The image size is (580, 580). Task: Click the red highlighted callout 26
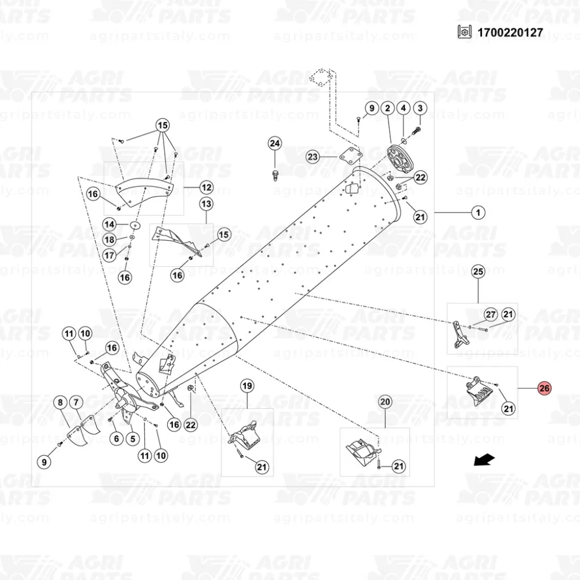(545, 389)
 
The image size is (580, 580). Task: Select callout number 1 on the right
(478, 213)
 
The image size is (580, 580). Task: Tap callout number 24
(275, 144)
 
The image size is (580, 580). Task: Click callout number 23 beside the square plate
(314, 157)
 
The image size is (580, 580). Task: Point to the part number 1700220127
(510, 32)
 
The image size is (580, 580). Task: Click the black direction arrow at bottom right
(484, 460)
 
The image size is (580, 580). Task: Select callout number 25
(478, 271)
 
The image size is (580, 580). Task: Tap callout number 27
(491, 315)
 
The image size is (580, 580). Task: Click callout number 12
(206, 187)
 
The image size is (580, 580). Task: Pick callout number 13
(206, 204)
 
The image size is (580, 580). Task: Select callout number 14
(110, 224)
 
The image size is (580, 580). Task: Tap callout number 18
(110, 240)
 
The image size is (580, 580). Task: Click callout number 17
(110, 255)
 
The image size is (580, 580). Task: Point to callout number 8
(60, 402)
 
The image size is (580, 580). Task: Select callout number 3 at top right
(419, 108)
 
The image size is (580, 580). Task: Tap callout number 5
(132, 438)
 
